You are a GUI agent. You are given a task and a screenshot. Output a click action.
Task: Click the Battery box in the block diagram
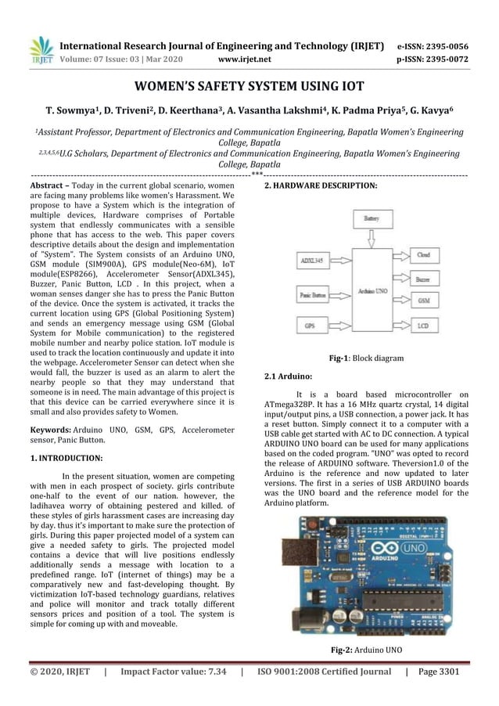click(371, 221)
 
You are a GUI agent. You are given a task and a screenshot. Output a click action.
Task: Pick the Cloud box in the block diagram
click(423, 255)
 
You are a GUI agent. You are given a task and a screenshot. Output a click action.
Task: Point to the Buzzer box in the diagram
click(423, 278)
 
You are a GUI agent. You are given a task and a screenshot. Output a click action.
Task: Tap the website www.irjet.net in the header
click(246, 58)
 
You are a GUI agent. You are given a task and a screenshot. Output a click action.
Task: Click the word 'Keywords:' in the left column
click(48, 430)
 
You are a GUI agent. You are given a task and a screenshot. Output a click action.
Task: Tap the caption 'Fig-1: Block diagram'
click(366, 358)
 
